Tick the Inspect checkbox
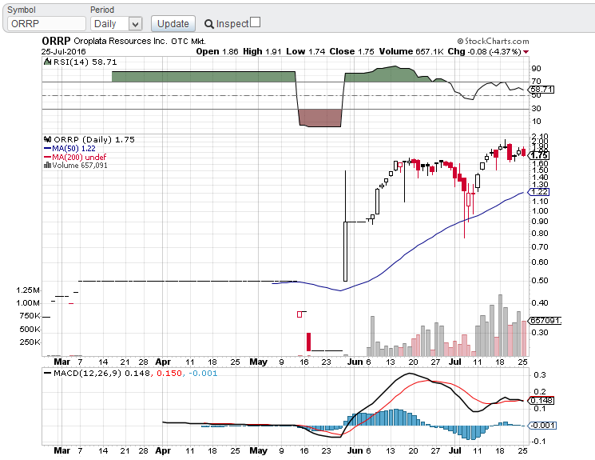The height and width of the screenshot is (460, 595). (255, 22)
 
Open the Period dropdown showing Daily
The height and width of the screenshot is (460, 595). (117, 24)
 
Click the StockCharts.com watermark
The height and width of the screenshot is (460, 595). (493, 41)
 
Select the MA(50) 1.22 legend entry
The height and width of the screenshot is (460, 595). (73, 148)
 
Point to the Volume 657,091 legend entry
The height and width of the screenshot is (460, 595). (78, 166)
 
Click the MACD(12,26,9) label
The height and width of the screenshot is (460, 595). (79, 374)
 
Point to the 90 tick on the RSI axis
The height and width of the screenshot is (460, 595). (535, 69)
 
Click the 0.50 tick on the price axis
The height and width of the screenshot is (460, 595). (540, 280)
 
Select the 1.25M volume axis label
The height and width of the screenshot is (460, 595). (27, 290)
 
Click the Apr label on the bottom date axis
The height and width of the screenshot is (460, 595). (164, 362)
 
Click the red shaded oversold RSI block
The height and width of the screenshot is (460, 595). (319, 117)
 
